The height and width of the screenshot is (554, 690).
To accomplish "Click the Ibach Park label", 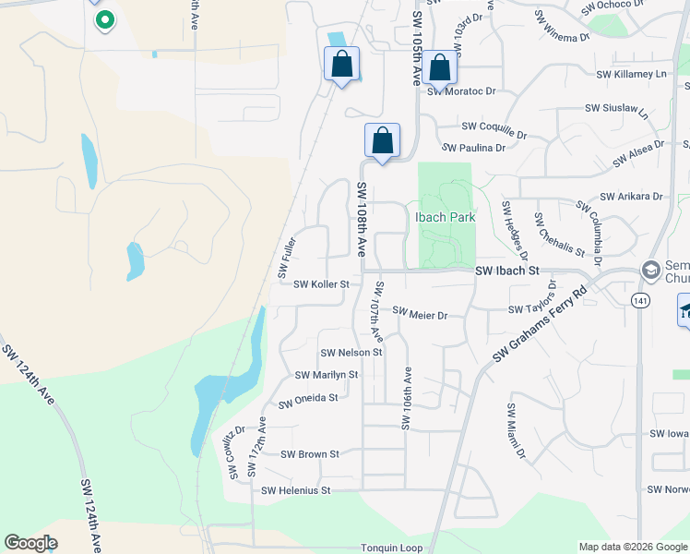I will point(445,217).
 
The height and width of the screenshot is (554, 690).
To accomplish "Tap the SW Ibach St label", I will point(506,271).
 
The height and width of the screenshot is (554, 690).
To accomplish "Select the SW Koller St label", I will point(321,284).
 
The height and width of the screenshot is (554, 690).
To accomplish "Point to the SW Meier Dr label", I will point(420,315).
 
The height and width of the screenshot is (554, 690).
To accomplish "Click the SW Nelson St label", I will point(351,353).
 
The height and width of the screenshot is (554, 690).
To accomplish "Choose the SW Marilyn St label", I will point(326,375).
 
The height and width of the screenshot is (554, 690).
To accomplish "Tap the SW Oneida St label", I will point(308,399).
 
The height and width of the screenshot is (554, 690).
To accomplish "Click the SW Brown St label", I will point(310,454).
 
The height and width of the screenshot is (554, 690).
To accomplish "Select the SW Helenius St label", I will point(295,491).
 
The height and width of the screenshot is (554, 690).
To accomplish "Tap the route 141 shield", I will point(641,300).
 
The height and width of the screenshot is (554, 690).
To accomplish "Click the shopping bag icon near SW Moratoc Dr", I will point(440,67).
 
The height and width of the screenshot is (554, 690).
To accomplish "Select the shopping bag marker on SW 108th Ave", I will point(382,141).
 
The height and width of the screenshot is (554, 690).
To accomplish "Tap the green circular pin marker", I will point(105,19).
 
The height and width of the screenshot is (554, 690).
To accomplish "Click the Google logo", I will point(30,543).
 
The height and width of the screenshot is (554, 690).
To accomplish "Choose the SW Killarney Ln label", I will point(631,74).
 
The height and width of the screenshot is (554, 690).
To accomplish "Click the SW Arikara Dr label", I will point(631,197).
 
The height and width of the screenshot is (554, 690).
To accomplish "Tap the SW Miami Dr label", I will point(515,430).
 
